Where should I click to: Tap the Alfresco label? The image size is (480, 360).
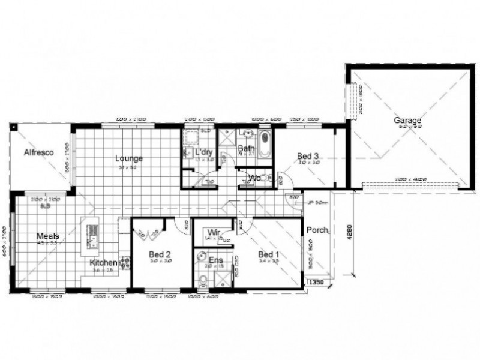(38, 152)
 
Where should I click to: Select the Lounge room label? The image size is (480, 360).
(128, 159)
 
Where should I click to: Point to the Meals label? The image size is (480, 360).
(47, 236)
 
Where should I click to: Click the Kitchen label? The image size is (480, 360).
(103, 263)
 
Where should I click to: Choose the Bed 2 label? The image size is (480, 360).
(160, 254)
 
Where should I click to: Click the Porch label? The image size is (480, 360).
(317, 230)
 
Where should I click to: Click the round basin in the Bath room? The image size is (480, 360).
(247, 133)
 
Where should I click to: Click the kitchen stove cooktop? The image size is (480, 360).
(126, 262)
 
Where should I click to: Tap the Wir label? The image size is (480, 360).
(212, 232)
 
